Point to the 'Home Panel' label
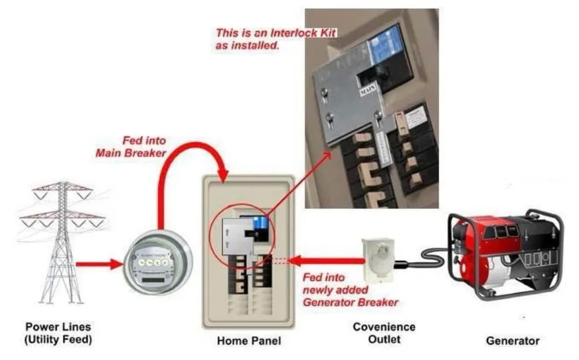coord(248,341)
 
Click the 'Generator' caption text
coord(512,341)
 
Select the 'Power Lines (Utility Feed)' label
coord(58,333)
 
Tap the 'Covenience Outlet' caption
coord(384,333)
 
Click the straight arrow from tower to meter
coord(98,265)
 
